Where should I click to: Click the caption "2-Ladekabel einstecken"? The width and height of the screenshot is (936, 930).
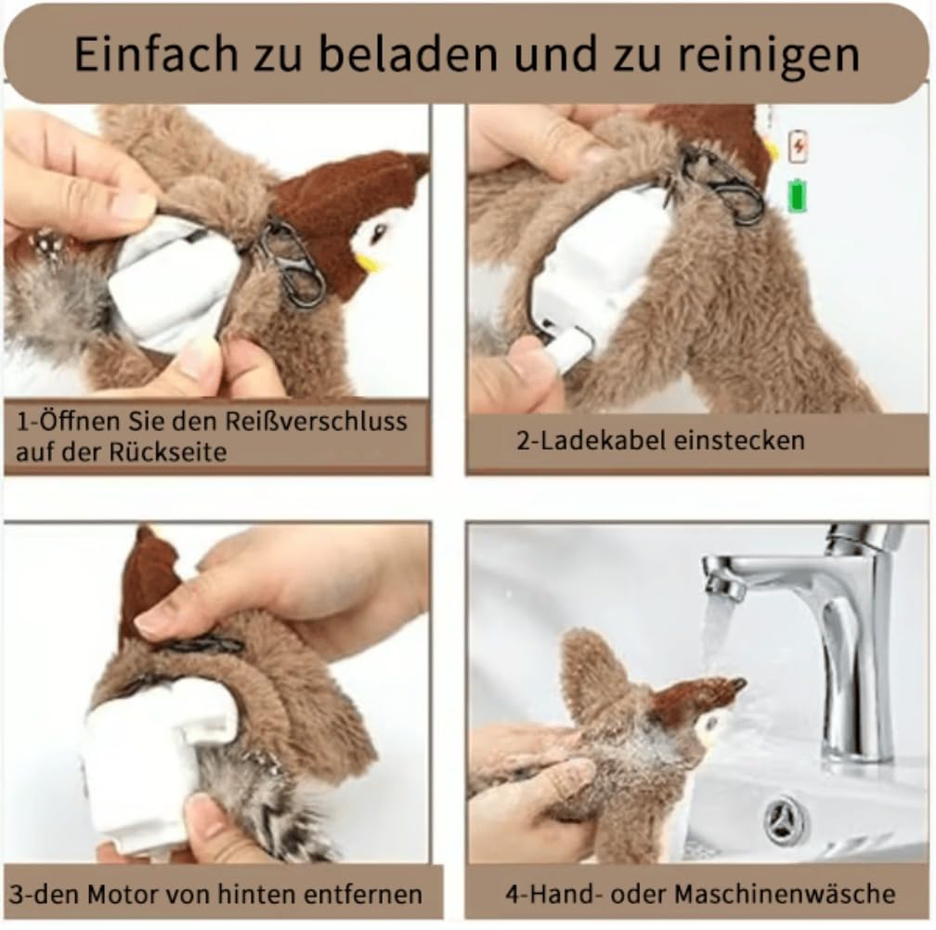pos(659,439)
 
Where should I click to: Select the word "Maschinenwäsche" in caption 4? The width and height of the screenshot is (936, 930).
pos(785,894)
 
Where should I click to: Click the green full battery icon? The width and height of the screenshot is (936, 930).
pos(797,197)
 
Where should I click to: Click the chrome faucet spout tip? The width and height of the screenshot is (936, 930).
pos(720,585)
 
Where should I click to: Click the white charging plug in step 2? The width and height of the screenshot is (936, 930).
pos(568,351)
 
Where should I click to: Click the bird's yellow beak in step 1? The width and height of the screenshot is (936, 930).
pos(369,262)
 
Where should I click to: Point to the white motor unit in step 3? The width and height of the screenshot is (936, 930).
pos(149,762)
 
